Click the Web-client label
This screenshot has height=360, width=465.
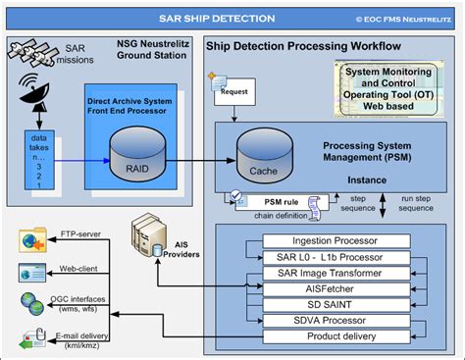click(77, 267)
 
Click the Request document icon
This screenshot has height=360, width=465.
click(221, 91)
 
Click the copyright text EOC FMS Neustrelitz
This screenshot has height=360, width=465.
click(401, 17)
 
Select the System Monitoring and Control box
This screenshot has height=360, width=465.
click(397, 83)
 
